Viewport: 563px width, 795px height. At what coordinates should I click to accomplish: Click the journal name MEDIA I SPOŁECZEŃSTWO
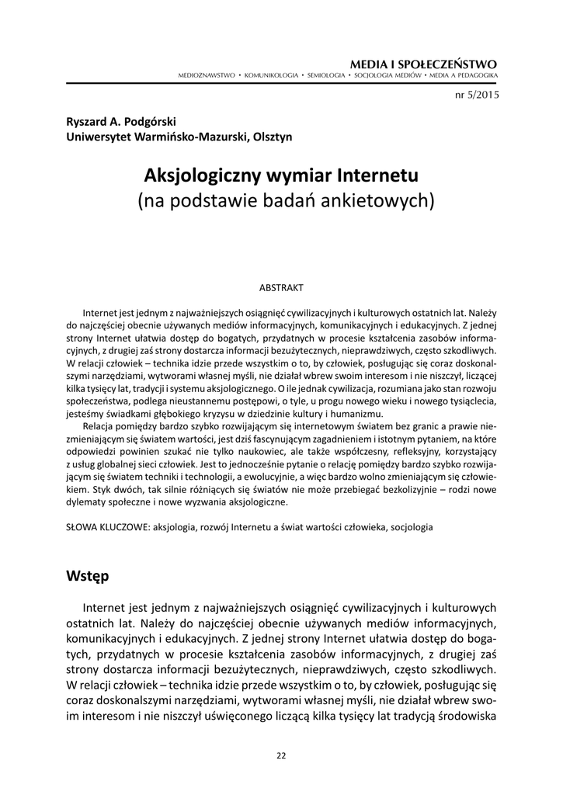point(425,64)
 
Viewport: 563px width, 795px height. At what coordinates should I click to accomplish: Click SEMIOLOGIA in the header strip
point(325,75)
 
